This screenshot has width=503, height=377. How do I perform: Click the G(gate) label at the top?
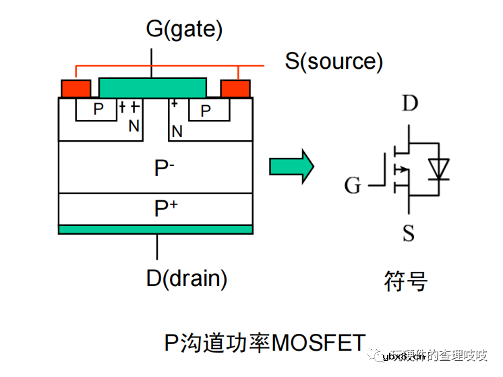coord(183,29)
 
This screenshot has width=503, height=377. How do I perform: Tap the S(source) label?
coord(334,61)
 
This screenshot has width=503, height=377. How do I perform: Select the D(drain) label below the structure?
coord(186,278)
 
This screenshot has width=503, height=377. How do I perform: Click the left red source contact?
coord(76,88)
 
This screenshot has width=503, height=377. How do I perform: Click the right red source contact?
coord(235,88)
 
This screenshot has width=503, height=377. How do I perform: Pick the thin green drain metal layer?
coord(155,229)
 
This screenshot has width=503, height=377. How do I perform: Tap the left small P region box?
coord(98,110)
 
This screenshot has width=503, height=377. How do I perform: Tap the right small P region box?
coord(206,110)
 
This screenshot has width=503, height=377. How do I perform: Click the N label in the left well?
coord(134,126)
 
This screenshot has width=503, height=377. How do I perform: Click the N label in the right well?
coord(177,131)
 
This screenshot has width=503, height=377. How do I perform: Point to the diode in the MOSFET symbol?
coord(440,168)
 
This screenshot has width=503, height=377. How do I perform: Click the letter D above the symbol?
coord(409,103)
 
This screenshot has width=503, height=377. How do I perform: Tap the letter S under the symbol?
coord(409,234)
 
